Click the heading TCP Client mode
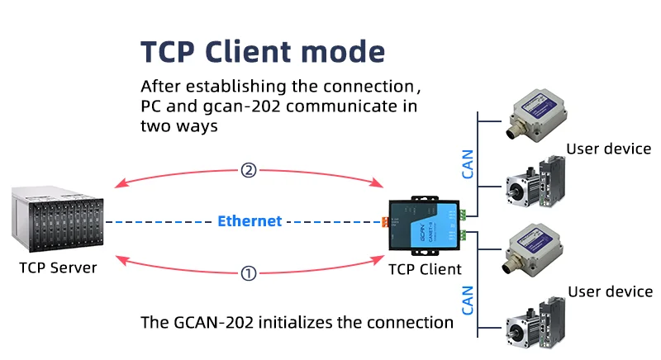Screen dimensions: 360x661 point(263,51)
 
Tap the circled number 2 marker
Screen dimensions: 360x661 point(249,171)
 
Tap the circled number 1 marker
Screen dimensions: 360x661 point(248,273)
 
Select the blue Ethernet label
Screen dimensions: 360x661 point(250,221)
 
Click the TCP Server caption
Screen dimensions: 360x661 point(58,268)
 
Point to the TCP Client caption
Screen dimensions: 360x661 point(425,268)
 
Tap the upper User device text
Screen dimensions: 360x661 point(609,149)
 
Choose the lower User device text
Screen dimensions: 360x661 point(611,291)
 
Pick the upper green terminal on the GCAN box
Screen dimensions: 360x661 point(463,214)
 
